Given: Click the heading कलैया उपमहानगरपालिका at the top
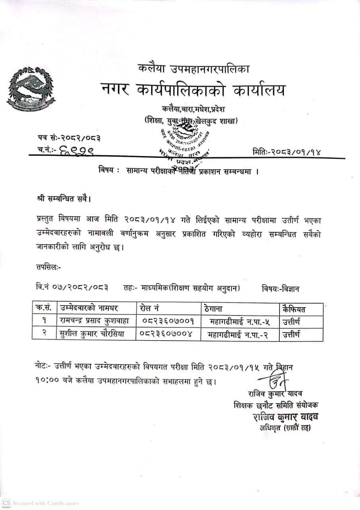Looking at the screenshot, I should click(194, 69).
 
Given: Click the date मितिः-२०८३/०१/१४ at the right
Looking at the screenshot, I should click(286, 151).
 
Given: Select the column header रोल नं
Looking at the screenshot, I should click(151, 308).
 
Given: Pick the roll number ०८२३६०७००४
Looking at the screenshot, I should click(167, 334).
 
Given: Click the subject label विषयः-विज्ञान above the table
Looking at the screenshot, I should click(281, 288).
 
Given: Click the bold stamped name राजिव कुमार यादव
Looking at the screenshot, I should click(285, 417).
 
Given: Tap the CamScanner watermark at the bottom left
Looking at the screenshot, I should click(40, 503).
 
